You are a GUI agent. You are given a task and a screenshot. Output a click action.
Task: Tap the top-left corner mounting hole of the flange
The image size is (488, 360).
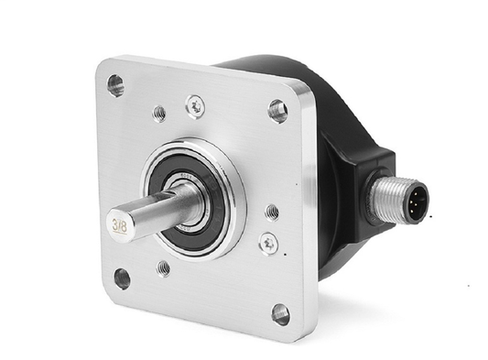pyautogui.click(x=115, y=85)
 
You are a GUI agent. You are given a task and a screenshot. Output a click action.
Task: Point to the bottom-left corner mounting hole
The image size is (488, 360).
pyautogui.click(x=121, y=278)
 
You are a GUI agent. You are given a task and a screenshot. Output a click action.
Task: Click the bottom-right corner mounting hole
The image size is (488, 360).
pyautogui.click(x=280, y=314)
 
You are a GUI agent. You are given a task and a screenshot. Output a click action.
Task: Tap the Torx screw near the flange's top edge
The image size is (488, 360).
pyautogui.click(x=195, y=106)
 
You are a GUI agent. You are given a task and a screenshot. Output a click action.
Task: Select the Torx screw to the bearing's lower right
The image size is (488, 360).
pyautogui.click(x=268, y=244)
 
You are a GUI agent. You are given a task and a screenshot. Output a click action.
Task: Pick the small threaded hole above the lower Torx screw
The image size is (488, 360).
pyautogui.click(x=272, y=211)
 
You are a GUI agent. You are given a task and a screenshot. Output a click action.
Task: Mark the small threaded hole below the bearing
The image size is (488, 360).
pyautogui.click(x=163, y=267)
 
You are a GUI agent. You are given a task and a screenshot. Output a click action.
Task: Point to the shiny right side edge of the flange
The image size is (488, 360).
pyautogui.click(x=309, y=211)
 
